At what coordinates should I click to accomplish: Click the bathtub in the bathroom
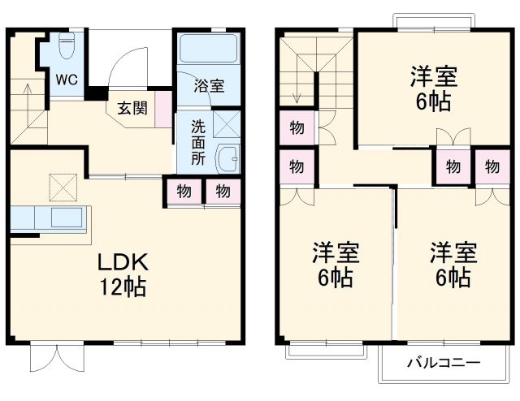click(x=208, y=50)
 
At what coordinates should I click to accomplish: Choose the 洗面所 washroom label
click(x=198, y=142)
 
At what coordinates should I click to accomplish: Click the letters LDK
click(x=122, y=262)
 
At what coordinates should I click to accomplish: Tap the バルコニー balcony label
click(x=443, y=362)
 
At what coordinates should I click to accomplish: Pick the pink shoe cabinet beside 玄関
click(x=164, y=107)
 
